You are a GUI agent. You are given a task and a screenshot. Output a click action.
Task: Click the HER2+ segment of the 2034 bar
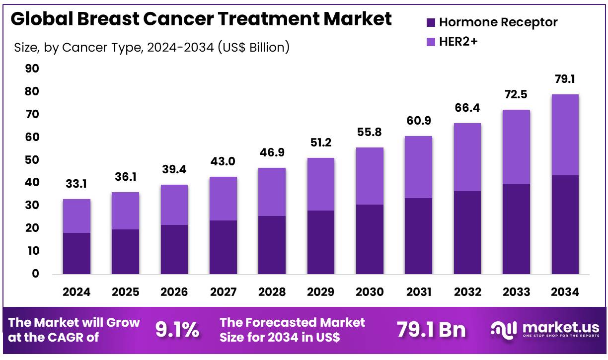565,135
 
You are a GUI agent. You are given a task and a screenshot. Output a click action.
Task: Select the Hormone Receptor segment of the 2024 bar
76,253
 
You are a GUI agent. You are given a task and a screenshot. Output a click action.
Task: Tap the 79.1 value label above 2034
565,79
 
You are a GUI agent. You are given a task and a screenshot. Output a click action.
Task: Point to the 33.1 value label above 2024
76,184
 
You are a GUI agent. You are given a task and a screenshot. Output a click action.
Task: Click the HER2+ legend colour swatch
431,42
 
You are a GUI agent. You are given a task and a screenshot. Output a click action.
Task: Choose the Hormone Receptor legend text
498,22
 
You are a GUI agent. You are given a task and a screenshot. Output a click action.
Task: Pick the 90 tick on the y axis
32,69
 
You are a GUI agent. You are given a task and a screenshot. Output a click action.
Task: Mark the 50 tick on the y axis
32,160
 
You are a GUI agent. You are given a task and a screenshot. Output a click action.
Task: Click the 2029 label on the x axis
320,292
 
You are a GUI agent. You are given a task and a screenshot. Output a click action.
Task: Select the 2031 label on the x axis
418,292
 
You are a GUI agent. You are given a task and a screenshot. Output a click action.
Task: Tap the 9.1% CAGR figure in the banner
177,330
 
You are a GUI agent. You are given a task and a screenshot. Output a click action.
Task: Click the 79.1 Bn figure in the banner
431,330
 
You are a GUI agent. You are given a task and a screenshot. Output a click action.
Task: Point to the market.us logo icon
501,330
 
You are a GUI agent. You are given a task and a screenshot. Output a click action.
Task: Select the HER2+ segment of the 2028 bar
272,192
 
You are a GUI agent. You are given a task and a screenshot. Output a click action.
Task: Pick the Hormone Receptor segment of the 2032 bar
467,232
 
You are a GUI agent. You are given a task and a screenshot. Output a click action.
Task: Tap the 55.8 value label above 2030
370,133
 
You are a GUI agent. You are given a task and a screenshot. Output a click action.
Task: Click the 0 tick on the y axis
34,274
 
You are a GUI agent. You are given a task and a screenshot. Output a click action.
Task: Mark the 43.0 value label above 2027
223,162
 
